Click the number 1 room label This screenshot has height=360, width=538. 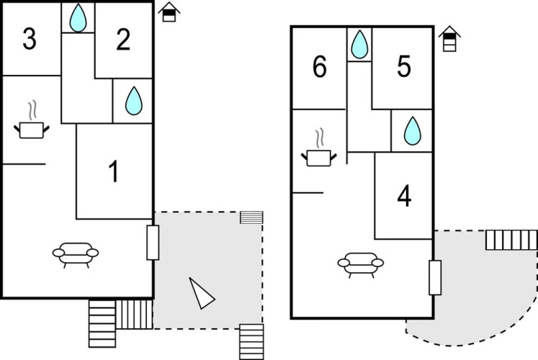[x=113, y=172]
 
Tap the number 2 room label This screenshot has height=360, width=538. [x=123, y=41]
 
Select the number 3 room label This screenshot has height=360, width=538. [x=30, y=40]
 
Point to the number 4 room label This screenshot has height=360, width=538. [x=404, y=197]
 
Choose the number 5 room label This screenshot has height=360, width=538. [x=403, y=67]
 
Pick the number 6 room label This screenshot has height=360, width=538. [x=320, y=68]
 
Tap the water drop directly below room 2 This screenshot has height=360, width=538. [x=133, y=102]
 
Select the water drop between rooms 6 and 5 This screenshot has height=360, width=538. [x=359, y=46]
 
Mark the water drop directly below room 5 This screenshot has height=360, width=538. [x=412, y=132]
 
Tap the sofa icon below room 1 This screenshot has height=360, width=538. [x=76, y=253]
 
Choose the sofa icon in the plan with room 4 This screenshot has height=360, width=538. [x=360, y=264]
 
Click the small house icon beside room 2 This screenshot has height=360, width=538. [x=169, y=12]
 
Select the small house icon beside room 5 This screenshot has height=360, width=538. [x=449, y=37]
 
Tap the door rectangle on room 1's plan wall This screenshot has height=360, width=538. [x=153, y=242]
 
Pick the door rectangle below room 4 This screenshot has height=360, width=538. [x=434, y=277]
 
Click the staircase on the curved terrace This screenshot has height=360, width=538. [x=511, y=240]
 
